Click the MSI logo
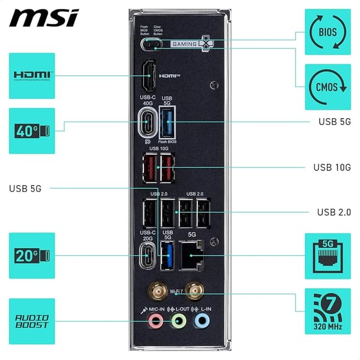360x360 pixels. click(x=43, y=18)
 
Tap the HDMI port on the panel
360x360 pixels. click(x=149, y=76)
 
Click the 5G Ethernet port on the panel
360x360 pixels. click(x=191, y=256)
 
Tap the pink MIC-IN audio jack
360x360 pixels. click(x=155, y=321)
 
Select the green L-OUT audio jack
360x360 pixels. click(x=178, y=321)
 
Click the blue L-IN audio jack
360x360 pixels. click(x=201, y=321)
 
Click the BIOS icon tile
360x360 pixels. click(x=327, y=31)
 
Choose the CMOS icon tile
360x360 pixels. click(x=327, y=87)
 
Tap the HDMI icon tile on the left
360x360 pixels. click(x=32, y=75)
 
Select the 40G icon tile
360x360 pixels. click(x=32, y=131)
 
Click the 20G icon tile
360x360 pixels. click(x=32, y=255)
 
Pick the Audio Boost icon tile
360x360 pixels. click(x=32, y=321)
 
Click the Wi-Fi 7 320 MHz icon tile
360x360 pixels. click(x=327, y=312)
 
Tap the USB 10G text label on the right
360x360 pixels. click(x=332, y=167)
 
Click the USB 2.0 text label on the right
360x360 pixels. click(x=334, y=212)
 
